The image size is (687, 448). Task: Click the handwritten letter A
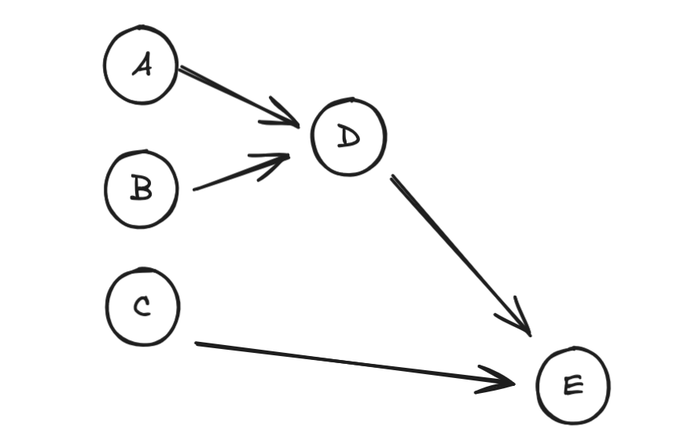click(x=142, y=64)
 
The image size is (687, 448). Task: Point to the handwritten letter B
click(x=141, y=187)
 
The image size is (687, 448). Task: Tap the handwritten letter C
click(x=142, y=306)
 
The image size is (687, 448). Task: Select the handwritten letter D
click(x=349, y=136)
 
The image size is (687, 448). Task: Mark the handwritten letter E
click(x=574, y=385)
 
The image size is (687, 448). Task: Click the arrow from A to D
click(x=239, y=97)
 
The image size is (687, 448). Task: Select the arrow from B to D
click(x=241, y=172)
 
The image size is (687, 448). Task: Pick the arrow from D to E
click(x=461, y=255)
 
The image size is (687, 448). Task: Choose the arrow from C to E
click(x=355, y=363)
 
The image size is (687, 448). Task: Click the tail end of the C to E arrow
click(x=196, y=343)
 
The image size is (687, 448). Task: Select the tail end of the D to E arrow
click(x=391, y=176)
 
